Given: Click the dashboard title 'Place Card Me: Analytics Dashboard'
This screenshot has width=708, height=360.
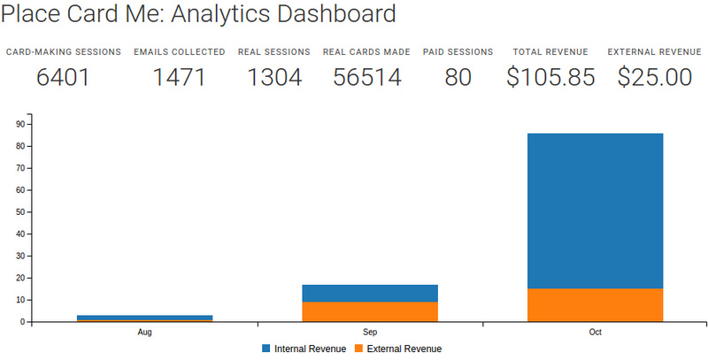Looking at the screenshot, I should [x=198, y=15].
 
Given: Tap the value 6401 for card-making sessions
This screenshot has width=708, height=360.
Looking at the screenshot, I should [x=64, y=77].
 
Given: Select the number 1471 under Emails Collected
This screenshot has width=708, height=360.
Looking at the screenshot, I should [x=179, y=77].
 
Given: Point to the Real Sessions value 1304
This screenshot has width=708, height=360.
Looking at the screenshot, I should [x=274, y=77].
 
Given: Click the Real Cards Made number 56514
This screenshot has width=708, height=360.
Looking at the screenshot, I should [x=366, y=77].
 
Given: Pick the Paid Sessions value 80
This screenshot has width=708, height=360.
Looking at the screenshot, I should [x=458, y=77].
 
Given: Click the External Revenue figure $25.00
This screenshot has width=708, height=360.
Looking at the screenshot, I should [x=654, y=77].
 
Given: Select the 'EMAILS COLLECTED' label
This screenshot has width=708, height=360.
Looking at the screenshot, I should [x=179, y=52].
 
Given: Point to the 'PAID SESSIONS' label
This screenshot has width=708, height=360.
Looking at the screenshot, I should [x=458, y=52].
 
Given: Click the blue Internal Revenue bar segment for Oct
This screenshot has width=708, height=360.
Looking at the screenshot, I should [x=595, y=211].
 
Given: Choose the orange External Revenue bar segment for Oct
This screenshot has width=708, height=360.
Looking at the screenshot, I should [x=595, y=305].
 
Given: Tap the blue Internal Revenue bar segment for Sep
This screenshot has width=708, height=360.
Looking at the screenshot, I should [x=370, y=294].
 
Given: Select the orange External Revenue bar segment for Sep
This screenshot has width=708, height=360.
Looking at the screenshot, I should [x=370, y=312].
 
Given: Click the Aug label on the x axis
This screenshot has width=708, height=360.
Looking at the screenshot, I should [x=144, y=333].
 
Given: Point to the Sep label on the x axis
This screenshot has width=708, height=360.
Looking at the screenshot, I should [x=370, y=333].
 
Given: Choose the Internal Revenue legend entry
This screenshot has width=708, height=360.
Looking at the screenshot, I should [x=304, y=349].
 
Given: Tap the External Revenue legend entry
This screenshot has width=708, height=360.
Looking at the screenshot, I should [x=398, y=349].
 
